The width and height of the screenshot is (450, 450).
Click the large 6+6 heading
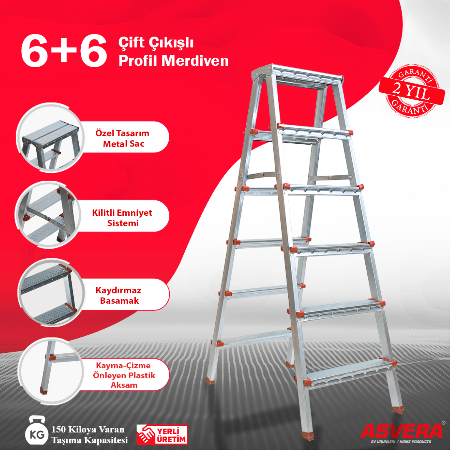point(64,50)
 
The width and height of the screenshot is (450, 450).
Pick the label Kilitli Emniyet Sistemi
point(122,218)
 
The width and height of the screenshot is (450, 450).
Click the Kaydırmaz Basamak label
point(119,295)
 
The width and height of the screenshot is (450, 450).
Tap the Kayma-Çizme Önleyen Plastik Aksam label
point(124,375)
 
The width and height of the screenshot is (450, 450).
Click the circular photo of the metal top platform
point(50,138)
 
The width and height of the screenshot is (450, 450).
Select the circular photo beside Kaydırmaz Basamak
point(51,292)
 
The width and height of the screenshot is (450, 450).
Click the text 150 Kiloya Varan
point(88,429)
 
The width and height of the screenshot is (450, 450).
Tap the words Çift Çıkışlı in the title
point(156,43)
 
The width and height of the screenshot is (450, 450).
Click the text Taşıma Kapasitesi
point(89,440)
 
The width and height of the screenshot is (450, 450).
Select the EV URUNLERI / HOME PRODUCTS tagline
point(401,442)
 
